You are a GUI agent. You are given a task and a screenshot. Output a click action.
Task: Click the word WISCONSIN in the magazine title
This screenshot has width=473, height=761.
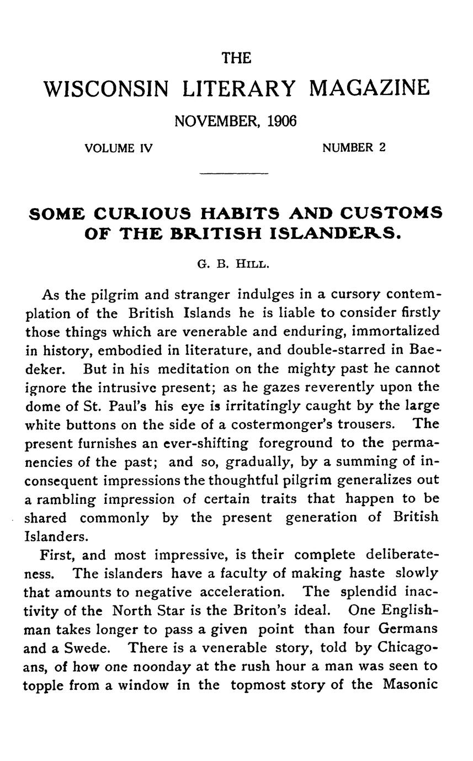107,88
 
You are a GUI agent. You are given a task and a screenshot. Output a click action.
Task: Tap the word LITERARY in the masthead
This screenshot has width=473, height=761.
239,88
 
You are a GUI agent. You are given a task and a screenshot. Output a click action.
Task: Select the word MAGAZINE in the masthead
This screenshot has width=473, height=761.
369,88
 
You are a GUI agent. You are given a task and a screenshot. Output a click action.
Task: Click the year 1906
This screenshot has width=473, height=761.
281,121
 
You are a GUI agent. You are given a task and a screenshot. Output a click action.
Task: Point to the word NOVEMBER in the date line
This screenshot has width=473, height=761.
219,121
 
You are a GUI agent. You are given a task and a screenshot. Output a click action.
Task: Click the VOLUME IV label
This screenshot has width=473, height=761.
118,148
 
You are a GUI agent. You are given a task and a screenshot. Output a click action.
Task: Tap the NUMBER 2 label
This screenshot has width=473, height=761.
354,148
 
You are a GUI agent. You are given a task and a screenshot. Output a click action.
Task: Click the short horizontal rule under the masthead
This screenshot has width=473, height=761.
233,174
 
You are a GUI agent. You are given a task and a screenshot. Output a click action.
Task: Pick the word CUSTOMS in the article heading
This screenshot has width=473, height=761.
391,214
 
